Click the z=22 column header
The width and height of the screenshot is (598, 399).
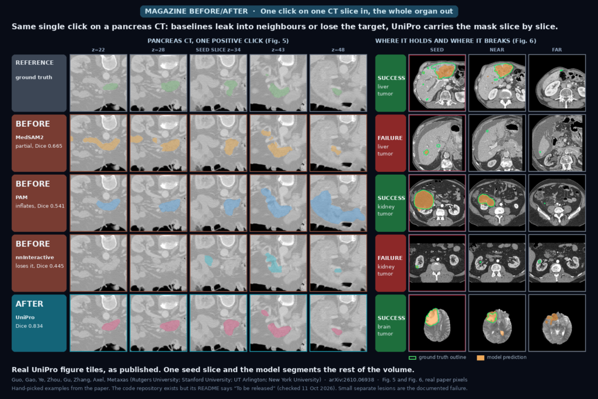tap(98, 50)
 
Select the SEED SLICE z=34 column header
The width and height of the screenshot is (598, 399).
tap(218, 50)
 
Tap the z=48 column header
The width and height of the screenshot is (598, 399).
tap(338, 50)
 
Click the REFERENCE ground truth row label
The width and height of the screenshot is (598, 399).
tap(39, 83)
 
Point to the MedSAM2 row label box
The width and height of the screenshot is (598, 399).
tap(39, 143)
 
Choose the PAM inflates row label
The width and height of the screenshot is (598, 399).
tap(39, 203)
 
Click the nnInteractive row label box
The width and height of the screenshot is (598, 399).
tap(39, 263)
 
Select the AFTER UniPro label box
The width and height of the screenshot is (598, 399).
tap(39, 323)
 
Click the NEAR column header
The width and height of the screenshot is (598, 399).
tap(496, 50)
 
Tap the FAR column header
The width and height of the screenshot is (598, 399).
tap(557, 50)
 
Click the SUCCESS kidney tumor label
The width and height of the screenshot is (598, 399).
tap(391, 203)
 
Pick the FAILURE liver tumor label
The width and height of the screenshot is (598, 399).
tap(391, 143)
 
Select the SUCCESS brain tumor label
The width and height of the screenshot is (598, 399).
tap(391, 323)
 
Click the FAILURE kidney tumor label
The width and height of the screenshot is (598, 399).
tap(391, 263)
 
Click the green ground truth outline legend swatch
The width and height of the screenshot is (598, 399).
tap(412, 358)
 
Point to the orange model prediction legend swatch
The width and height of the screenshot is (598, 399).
tap(481, 358)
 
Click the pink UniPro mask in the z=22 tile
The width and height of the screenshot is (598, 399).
tap(111, 325)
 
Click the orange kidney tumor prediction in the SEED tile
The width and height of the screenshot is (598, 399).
tap(423, 200)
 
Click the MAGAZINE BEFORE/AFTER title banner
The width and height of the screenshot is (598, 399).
tap(299, 12)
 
